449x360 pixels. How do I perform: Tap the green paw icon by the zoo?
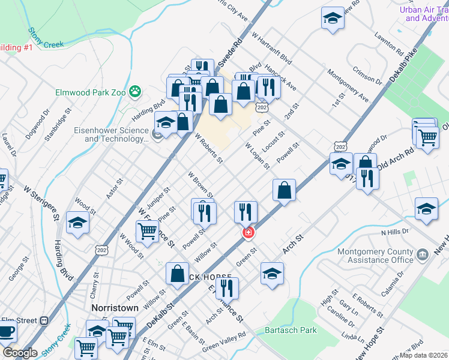[x=137, y=92]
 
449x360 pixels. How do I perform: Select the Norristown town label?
[x=115, y=308]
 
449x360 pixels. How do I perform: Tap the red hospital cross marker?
[x=247, y=232]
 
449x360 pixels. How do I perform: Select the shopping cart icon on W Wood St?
[x=147, y=231]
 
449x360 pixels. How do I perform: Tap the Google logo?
[x=20, y=353]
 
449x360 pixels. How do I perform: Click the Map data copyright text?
[x=424, y=355]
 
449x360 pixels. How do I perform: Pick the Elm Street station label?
[x=19, y=320]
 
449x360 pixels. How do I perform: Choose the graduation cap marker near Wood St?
[x=77, y=223]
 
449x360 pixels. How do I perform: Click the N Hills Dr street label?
[x=394, y=231]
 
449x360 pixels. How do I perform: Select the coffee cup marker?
[x=6, y=331]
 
